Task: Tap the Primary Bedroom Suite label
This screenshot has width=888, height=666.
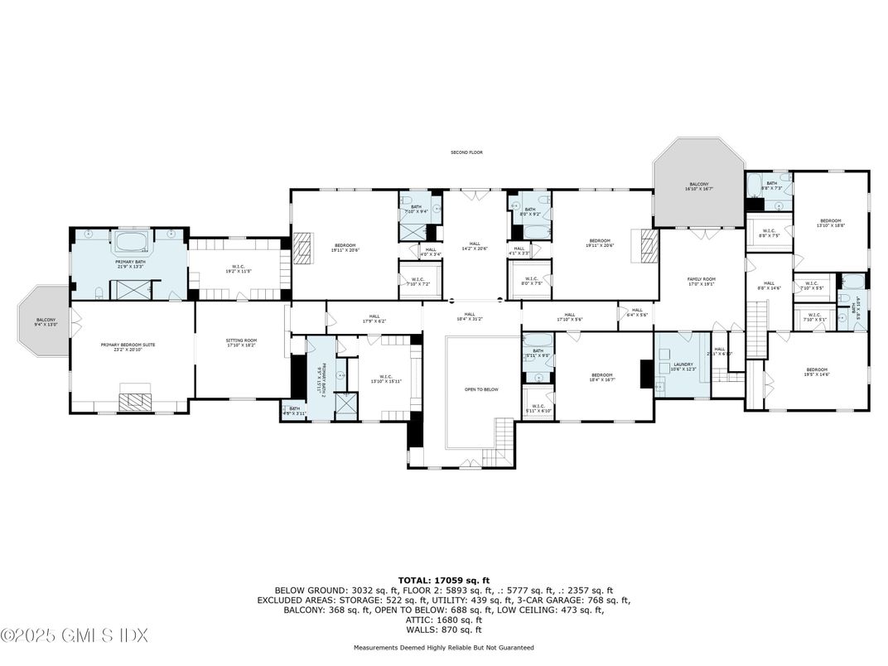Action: [128, 346]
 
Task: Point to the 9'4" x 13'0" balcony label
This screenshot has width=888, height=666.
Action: [43, 322]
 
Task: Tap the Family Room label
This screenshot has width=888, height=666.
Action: [701, 282]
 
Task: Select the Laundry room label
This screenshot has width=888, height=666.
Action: [683, 367]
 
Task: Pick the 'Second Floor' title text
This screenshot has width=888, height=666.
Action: [466, 152]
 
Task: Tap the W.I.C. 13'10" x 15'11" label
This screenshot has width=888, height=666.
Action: [386, 379]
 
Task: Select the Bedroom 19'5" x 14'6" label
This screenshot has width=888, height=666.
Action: [817, 372]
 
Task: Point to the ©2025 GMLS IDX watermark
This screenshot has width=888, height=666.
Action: [75, 635]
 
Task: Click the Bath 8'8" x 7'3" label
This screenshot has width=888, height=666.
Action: [770, 186]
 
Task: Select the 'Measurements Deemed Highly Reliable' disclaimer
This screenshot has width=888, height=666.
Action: [443, 648]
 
